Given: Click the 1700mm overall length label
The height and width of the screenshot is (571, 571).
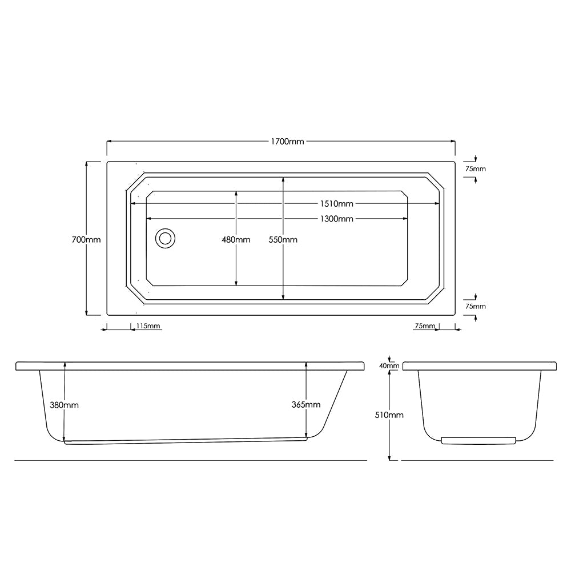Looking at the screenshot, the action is (287, 141).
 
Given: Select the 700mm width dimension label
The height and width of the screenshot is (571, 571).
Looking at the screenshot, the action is (86, 240).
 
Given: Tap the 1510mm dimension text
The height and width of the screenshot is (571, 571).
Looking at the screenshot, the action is (336, 204).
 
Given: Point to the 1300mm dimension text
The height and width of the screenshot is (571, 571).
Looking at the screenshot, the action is (336, 219).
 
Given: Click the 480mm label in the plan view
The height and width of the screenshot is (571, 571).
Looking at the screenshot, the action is (236, 240).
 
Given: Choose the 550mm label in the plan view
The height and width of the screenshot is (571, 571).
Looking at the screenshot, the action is (283, 240).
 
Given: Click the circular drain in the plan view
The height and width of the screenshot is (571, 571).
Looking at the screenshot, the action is (166, 239).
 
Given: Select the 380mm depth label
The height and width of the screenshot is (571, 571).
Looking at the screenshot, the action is (64, 405).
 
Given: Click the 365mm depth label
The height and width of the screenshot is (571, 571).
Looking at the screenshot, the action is (306, 405).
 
